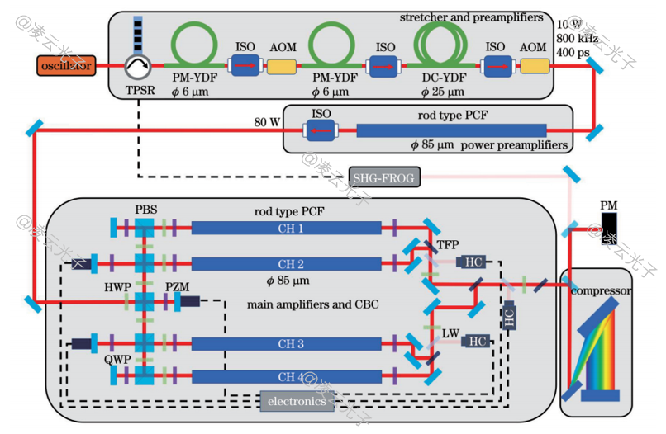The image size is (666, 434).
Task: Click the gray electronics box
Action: click(x=298, y=402)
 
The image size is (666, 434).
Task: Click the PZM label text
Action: click(x=177, y=285)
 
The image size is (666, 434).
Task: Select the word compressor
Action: click(x=605, y=291)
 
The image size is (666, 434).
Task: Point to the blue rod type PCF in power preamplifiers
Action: click(x=451, y=130)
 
